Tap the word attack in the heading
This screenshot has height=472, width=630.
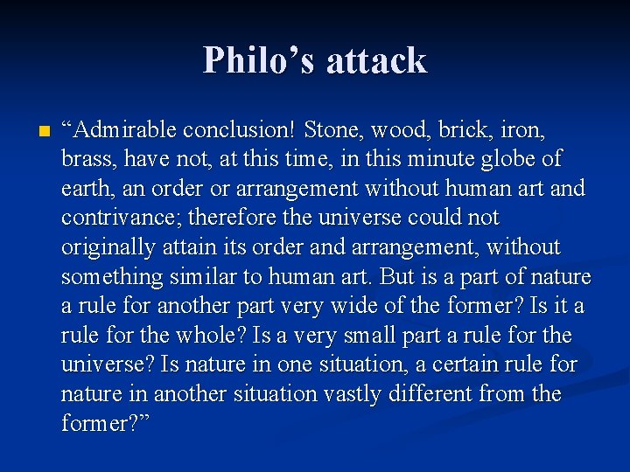coord(375,60)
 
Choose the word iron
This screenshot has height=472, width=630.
coord(522,130)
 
